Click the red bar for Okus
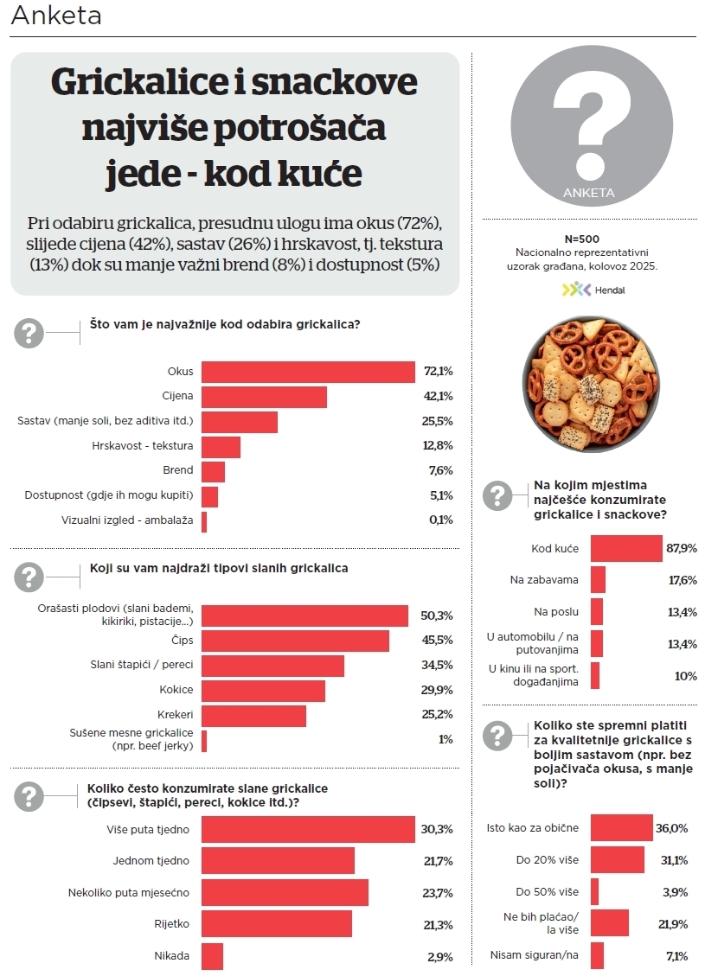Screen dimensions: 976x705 tap(308, 372)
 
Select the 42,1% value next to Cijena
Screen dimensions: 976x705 tap(439, 397)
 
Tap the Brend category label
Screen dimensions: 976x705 tap(177, 470)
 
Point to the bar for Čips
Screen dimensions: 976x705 tap(295, 641)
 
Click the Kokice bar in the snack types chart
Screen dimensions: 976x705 tap(263, 690)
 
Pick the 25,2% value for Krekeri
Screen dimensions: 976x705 tap(439, 715)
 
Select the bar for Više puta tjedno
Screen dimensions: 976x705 tap(308, 830)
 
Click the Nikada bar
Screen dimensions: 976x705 tap(212, 956)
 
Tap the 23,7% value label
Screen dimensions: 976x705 tap(439, 892)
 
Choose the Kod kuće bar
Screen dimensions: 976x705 tap(626, 548)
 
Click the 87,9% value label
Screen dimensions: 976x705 tap(682, 548)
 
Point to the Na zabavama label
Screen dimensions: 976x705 tap(544, 580)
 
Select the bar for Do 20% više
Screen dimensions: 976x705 tap(618, 859)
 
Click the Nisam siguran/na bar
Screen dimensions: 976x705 tap(597, 955)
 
